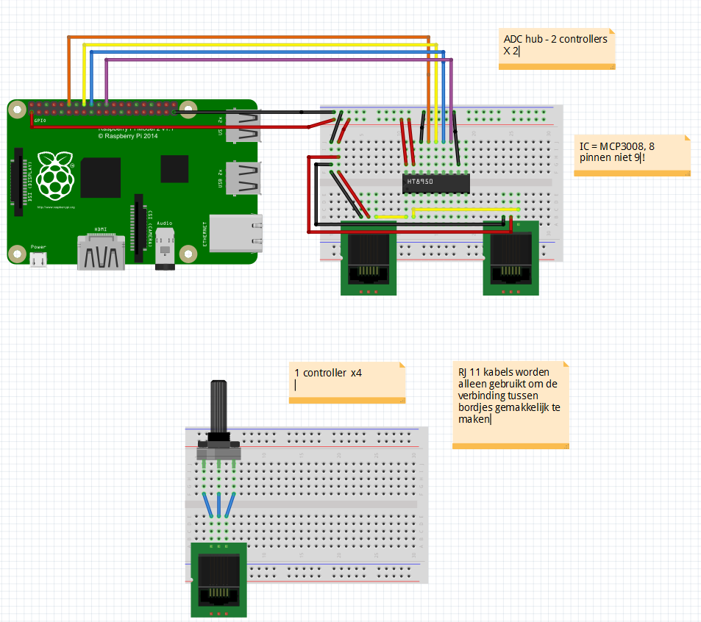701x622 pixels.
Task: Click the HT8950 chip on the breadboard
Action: [436, 182]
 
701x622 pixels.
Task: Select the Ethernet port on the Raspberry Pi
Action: [234, 233]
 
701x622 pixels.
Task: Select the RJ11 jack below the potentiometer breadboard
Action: [219, 580]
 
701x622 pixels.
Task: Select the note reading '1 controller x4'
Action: [347, 382]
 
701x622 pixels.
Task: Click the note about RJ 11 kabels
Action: [510, 404]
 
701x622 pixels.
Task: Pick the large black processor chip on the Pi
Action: [101, 178]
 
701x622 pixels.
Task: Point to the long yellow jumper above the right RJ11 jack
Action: [465, 210]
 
